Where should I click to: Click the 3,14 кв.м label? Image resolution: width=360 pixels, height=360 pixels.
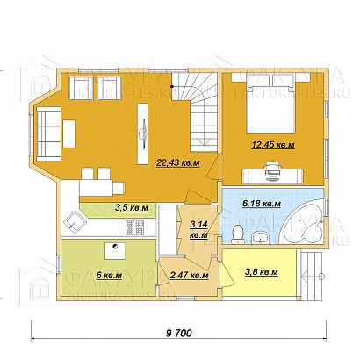(x=198, y=230)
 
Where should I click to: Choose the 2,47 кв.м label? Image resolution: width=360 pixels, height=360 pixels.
(x=188, y=275)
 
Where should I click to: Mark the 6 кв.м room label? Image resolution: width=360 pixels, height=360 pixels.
(x=110, y=275)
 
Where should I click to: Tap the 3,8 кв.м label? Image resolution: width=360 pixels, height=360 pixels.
(x=260, y=273)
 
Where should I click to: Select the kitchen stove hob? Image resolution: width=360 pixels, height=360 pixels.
(x=135, y=229)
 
